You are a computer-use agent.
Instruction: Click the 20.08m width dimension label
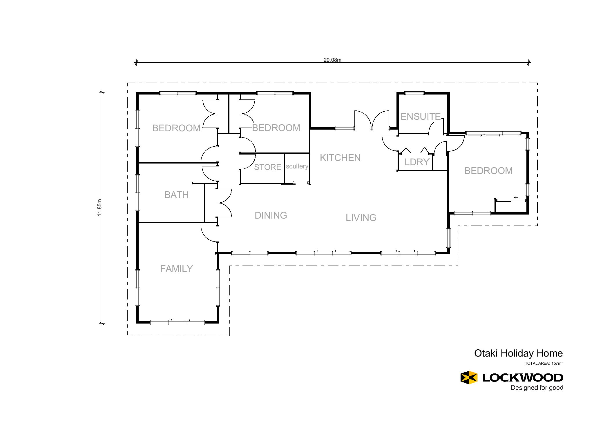332,60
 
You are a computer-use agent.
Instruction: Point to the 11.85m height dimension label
99,208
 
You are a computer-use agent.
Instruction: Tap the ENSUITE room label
421,117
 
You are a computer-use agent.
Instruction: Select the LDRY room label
417,162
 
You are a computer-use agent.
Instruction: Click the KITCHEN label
340,158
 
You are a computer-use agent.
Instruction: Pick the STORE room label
267,167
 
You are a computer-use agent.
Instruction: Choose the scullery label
297,166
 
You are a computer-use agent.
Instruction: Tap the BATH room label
176,195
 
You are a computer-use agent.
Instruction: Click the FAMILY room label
176,269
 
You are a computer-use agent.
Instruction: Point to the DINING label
271,215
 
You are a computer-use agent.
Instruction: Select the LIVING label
361,218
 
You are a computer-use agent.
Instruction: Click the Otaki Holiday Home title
518,353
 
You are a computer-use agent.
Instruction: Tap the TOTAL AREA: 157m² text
544,363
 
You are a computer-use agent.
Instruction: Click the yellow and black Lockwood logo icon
469,377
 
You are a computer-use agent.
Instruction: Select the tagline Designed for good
537,388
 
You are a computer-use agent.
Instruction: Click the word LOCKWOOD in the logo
523,377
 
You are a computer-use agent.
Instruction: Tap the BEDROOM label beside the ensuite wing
488,171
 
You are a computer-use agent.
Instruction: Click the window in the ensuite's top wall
414,93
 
